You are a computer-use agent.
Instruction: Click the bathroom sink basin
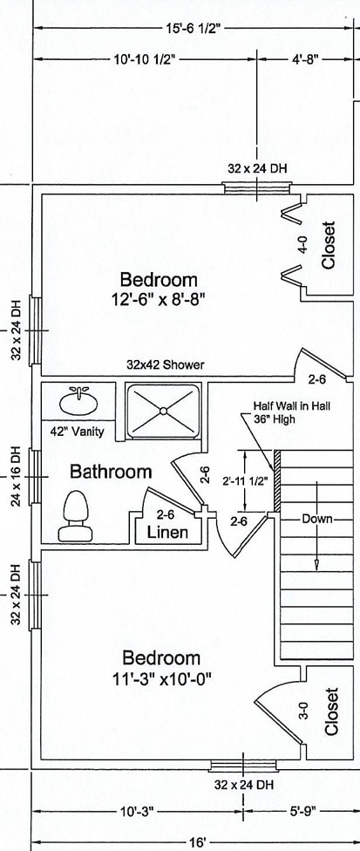pos(79,403)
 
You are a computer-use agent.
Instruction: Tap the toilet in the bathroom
pos(75,516)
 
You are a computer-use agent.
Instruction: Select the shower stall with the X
pos(164,411)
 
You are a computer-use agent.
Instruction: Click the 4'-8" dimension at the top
pos(305,59)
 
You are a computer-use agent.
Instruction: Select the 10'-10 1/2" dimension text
pos(145,59)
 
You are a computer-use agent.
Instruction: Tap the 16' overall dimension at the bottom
pos(197,841)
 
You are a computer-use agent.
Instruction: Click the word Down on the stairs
pos(317,519)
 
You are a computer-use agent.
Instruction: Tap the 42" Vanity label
pos(80,432)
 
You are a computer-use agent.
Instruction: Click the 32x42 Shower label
pos(166,364)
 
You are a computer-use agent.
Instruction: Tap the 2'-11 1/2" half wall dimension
pos(245,480)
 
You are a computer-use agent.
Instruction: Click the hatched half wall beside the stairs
pos(276,480)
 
